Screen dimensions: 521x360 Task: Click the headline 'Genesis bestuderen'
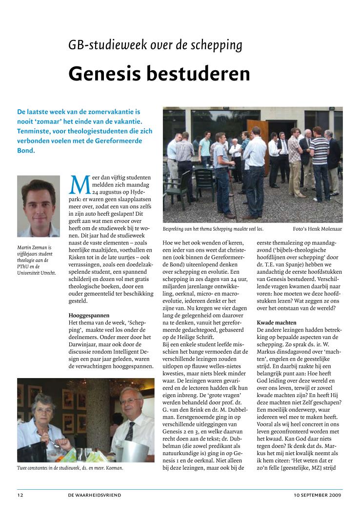click(159, 74)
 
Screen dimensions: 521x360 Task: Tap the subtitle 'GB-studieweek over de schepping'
click(155, 45)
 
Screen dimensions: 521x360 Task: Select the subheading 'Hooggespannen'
click(89, 316)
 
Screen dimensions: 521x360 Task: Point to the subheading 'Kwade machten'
click(276, 323)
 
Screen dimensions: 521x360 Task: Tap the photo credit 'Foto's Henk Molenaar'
click(317, 228)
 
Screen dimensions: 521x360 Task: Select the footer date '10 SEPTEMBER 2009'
click(318, 495)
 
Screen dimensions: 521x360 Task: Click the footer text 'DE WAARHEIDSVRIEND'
click(95, 495)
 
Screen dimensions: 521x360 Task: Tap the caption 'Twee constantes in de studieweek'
click(70, 468)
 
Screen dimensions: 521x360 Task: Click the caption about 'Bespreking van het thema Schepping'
click(213, 228)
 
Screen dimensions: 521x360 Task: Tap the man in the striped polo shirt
click(320, 161)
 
